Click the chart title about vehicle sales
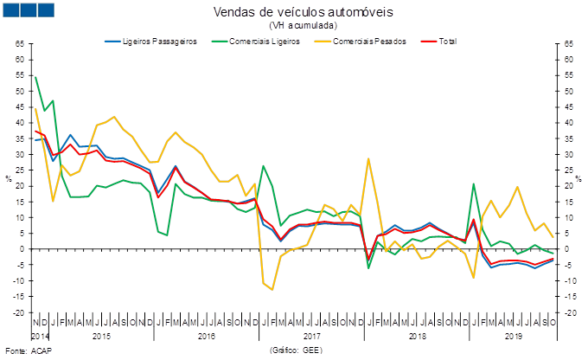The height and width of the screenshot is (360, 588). pos(303,12)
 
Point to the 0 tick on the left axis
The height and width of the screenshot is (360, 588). pos(20,249)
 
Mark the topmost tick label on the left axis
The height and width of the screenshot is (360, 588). pos(20,43)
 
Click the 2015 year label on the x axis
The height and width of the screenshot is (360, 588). pos(99,335)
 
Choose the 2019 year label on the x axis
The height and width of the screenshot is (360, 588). pos(513,335)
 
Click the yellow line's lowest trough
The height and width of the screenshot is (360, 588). pos(272,289)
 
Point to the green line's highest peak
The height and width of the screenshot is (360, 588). pos(35,77)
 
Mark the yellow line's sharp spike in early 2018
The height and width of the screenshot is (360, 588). pos(369,159)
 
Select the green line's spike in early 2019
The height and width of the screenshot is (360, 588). pos(475,183)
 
